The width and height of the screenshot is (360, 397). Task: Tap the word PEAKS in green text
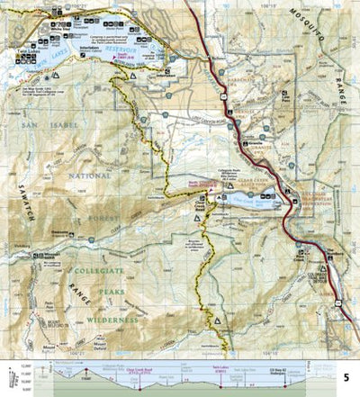(104, 295)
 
